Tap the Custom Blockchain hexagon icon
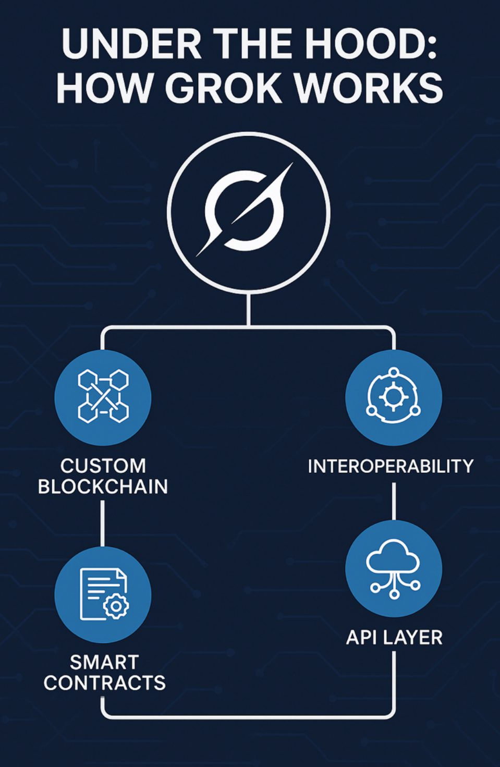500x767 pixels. point(103,396)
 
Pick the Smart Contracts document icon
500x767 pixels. point(103,594)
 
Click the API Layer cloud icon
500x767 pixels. point(393,568)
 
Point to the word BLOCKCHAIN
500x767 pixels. point(103,487)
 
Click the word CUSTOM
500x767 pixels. point(103,466)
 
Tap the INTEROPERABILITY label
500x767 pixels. point(391,466)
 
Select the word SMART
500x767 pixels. point(104,662)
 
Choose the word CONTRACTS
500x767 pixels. point(104,683)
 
